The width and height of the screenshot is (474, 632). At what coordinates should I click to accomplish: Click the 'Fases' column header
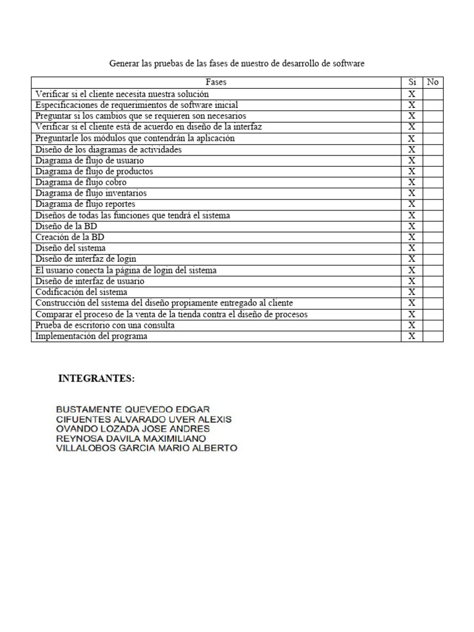[216, 82]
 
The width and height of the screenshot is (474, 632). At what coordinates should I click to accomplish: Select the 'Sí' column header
[412, 82]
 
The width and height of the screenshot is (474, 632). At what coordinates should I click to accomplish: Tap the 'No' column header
[433, 82]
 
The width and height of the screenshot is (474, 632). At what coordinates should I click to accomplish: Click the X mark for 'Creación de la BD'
[412, 237]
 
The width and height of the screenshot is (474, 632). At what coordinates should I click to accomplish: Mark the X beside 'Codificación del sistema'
[412, 292]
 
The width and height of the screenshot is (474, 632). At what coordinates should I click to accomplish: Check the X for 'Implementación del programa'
[412, 336]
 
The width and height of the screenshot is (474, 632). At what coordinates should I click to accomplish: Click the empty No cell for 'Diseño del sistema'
[433, 248]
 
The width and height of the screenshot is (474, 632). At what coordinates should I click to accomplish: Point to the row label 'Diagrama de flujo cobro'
[81, 182]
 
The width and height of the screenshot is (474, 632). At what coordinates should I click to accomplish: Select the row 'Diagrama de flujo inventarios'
[91, 193]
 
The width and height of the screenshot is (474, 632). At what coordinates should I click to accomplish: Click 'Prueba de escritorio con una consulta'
[105, 325]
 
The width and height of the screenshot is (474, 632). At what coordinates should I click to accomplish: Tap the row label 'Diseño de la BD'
[66, 227]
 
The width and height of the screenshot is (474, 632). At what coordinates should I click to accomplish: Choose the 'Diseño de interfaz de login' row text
[86, 259]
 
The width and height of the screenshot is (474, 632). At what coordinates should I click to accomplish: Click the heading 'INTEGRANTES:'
[96, 379]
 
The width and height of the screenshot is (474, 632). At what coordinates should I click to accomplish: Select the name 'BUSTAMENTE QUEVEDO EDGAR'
[132, 409]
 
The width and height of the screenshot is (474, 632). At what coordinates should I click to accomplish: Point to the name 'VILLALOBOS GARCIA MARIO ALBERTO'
[146, 449]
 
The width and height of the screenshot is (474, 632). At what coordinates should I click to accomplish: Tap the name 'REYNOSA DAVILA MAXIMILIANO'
[131, 439]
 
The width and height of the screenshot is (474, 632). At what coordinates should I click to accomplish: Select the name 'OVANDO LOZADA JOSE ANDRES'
[132, 429]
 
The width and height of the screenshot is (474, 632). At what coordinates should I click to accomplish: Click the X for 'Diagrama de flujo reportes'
[412, 204]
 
